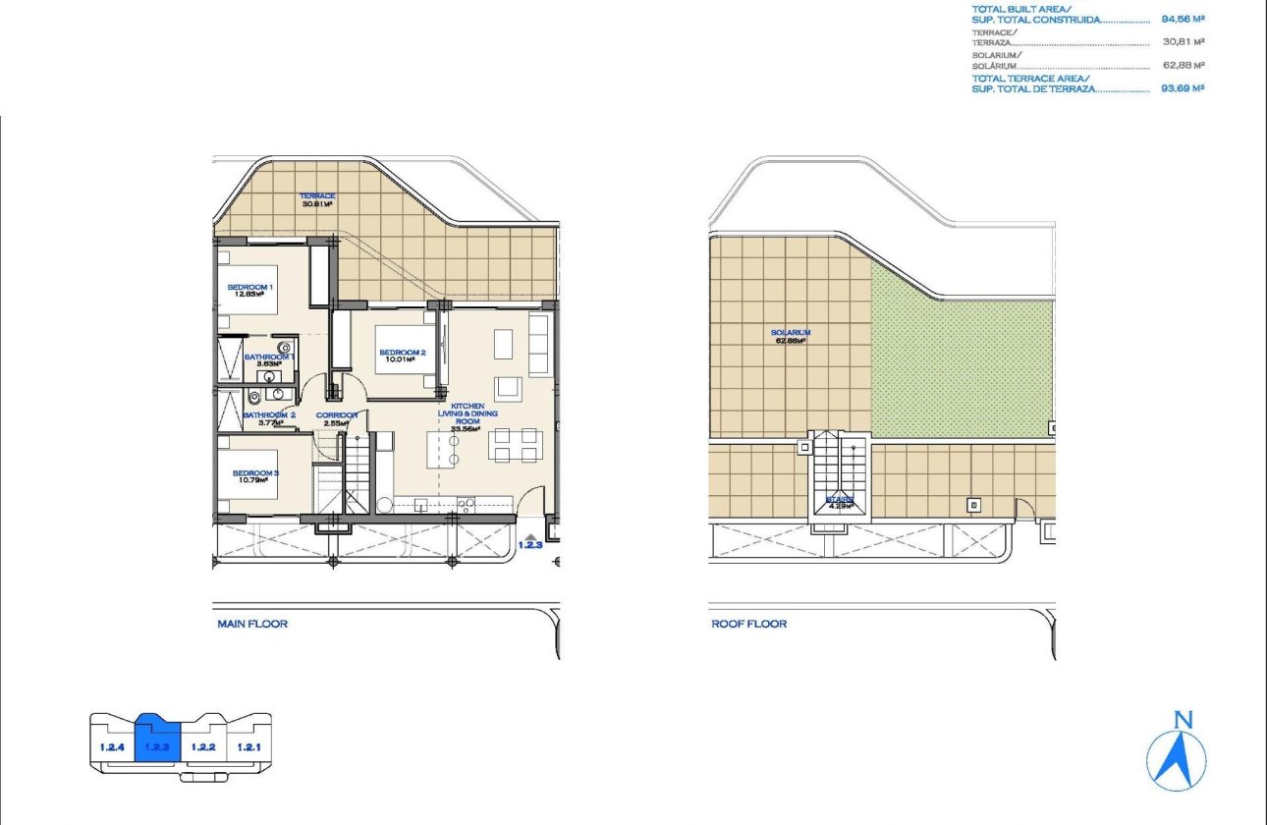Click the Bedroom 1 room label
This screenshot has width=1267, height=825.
point(250,290)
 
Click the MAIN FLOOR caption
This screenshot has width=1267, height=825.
point(252,624)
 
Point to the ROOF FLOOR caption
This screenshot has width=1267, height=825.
point(748,624)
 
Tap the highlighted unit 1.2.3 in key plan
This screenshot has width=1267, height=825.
point(157,746)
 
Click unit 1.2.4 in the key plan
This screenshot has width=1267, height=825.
point(111,746)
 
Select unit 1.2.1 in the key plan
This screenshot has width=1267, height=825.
point(248,746)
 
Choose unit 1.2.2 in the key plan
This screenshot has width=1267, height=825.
point(203,746)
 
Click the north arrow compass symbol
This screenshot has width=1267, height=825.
point(1177,751)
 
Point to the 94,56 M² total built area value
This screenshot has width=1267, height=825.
point(1183,19)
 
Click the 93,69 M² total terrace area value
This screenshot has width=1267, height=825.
point(1183,87)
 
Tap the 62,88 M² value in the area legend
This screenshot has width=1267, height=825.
point(1183,65)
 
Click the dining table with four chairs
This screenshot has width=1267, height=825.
point(515,445)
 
